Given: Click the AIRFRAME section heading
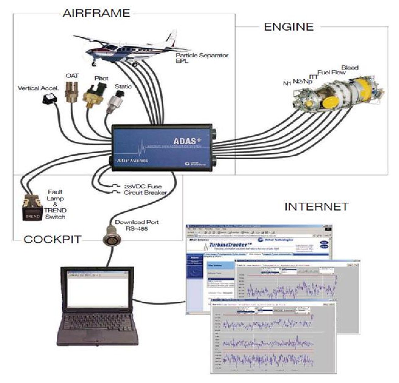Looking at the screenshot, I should click(x=96, y=13).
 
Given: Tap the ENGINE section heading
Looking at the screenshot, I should click(x=288, y=27).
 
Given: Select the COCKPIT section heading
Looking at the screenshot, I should click(x=53, y=239).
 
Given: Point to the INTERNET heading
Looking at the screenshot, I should click(x=316, y=207).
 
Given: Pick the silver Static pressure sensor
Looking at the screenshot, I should click(x=114, y=103).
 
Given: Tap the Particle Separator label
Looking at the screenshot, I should click(x=202, y=55).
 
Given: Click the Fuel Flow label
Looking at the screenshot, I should click(x=332, y=73).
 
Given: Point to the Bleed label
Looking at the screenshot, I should click(x=350, y=67).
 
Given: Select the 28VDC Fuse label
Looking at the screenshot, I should click(x=143, y=186).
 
